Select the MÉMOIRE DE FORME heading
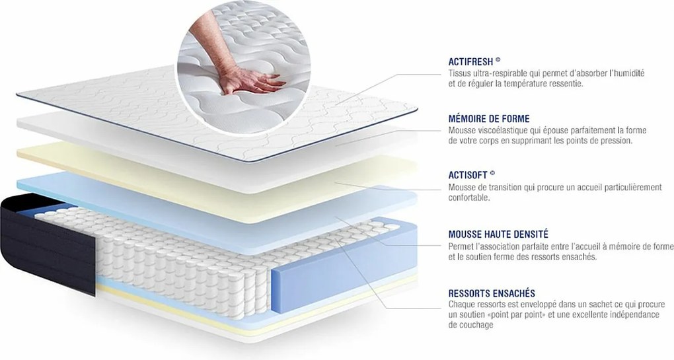click(488, 119)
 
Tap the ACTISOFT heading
click(468, 176)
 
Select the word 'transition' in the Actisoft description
click(505, 188)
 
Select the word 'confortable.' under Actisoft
click(469, 198)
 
